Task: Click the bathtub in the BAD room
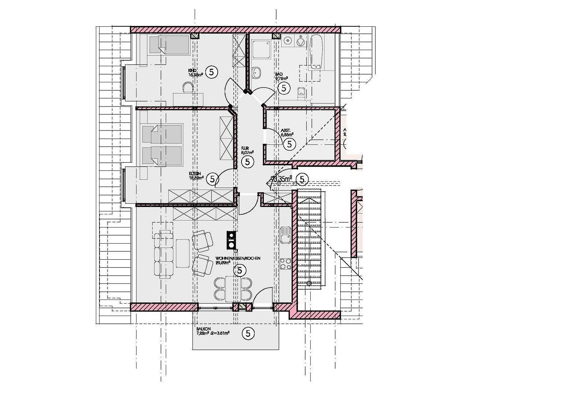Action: (x=316, y=52)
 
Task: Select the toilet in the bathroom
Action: (x=301, y=92)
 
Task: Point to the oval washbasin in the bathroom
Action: (x=257, y=72)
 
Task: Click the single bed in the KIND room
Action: (x=171, y=45)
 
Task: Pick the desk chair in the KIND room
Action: (x=188, y=87)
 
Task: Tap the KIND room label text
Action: (x=193, y=70)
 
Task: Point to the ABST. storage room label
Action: (x=285, y=130)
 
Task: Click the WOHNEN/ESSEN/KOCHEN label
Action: (x=238, y=258)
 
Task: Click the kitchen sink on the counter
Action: (x=285, y=235)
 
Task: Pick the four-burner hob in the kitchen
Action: (x=285, y=264)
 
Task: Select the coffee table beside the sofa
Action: (x=182, y=253)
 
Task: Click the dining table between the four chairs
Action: (x=233, y=289)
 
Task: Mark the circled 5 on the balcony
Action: (x=248, y=333)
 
